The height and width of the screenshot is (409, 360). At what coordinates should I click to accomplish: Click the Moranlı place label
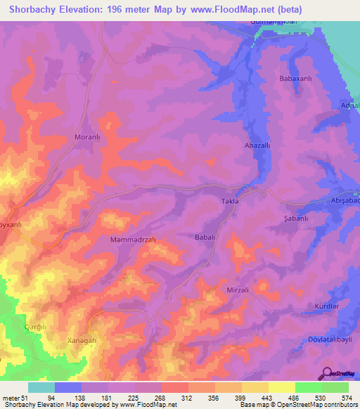pyautogui.click(x=88, y=138)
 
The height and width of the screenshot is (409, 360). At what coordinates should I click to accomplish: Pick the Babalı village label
pyautogui.click(x=205, y=238)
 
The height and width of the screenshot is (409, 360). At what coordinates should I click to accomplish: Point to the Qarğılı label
pyautogui.click(x=36, y=326)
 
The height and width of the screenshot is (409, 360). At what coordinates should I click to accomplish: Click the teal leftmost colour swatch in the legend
pyautogui.click(x=41, y=387)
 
